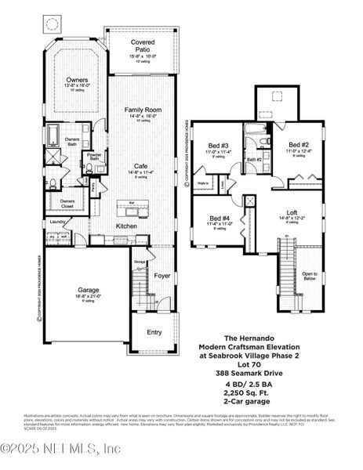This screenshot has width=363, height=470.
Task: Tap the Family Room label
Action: pos(143,111)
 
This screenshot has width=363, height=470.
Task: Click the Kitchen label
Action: pos(127,226)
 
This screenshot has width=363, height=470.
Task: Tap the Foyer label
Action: pos(162,276)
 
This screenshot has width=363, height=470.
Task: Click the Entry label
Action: pos(154,332)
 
